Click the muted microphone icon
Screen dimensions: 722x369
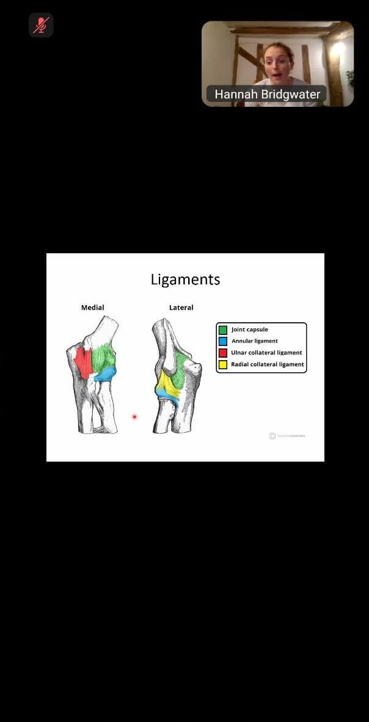click(41, 25)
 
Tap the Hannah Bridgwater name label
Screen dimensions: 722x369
click(266, 95)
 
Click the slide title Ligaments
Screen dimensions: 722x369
click(185, 280)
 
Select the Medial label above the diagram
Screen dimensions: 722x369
click(93, 308)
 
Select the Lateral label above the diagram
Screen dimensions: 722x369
click(181, 308)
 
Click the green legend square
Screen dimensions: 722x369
click(223, 330)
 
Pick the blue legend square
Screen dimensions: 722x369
click(223, 342)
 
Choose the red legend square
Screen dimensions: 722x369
click(223, 353)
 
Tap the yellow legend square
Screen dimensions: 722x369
click(223, 365)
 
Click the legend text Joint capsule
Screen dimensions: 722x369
click(249, 330)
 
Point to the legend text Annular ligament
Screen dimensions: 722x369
click(254, 341)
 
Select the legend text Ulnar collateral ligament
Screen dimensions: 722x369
click(266, 353)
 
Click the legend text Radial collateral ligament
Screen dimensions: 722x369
click(267, 364)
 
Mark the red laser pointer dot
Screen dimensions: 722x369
click(134, 417)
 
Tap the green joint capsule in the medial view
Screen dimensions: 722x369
click(103, 357)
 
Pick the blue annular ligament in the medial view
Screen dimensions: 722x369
click(106, 372)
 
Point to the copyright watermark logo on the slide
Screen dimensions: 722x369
click(272, 436)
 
